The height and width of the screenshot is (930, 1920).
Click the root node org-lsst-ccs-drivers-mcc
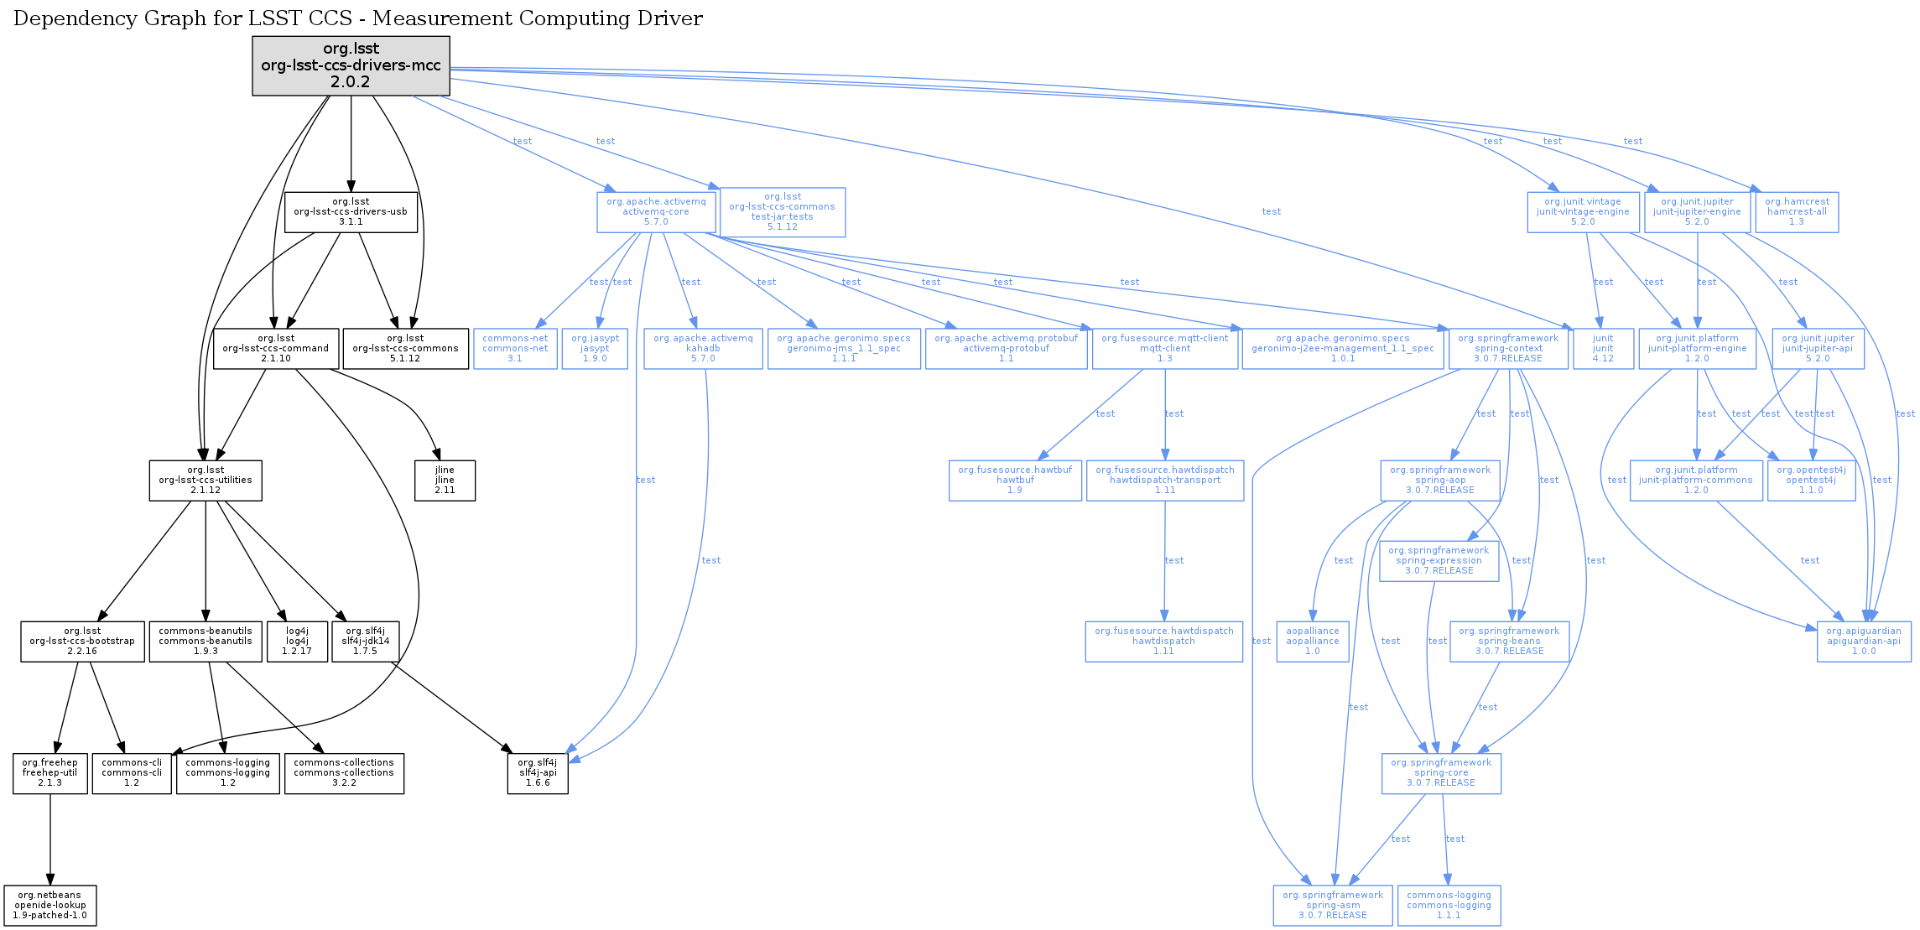pyautogui.click(x=351, y=65)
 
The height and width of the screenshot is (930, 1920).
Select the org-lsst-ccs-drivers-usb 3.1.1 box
pyautogui.click(x=351, y=212)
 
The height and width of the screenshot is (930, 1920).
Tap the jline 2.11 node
pyautogui.click(x=445, y=481)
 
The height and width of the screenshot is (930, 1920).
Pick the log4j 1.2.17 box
pyautogui.click(x=297, y=642)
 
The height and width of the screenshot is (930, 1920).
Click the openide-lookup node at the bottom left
pyautogui.click(x=50, y=906)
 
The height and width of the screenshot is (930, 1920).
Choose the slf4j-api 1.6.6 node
pyautogui.click(x=538, y=773)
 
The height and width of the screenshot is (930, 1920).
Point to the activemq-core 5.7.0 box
pyautogui.click(x=656, y=212)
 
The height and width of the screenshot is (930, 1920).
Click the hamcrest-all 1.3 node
pyautogui.click(x=1796, y=212)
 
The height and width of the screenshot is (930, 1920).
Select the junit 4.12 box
pyautogui.click(x=1603, y=349)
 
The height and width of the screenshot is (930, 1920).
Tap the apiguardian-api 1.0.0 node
pyautogui.click(x=1864, y=642)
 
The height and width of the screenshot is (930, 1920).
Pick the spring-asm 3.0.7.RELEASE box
pyautogui.click(x=1333, y=906)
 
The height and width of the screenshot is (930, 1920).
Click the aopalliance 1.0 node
pyautogui.click(x=1313, y=642)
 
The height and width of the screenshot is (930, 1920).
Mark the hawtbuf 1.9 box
pyautogui.click(x=1015, y=481)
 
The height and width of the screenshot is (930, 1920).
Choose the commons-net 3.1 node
pyautogui.click(x=515, y=349)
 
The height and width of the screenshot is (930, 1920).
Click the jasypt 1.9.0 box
pyautogui.click(x=595, y=349)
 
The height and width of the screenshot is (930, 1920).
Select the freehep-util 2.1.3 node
pyautogui.click(x=49, y=773)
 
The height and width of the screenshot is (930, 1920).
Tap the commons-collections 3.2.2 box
pyautogui.click(x=344, y=773)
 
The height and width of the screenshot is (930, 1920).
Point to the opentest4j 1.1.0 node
pyautogui.click(x=1811, y=481)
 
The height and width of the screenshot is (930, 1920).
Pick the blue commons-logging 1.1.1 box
pyautogui.click(x=1449, y=906)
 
